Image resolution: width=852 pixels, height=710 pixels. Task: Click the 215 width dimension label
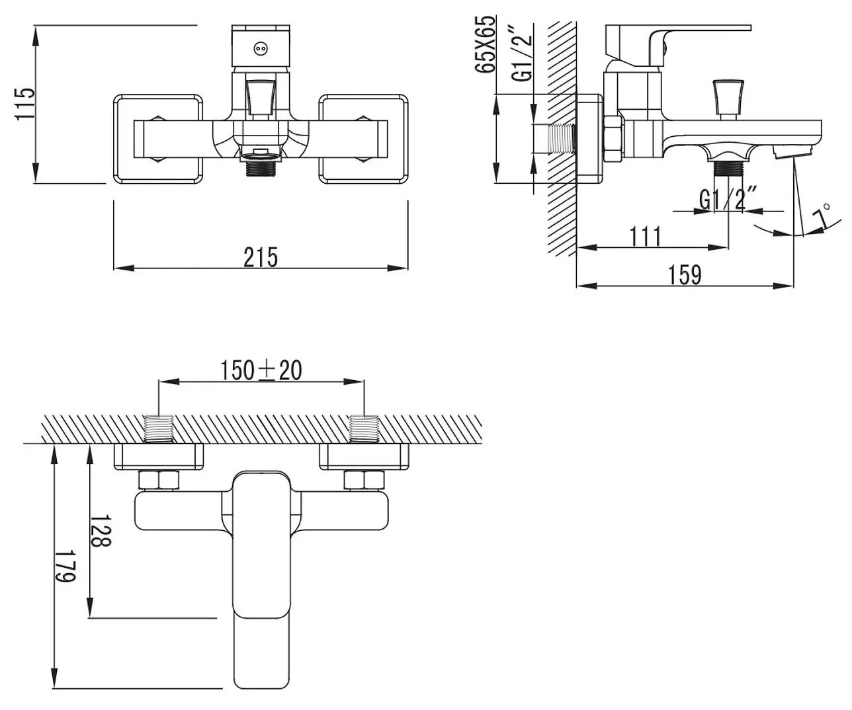(x=261, y=257)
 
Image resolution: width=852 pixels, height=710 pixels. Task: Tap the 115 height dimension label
(x=25, y=104)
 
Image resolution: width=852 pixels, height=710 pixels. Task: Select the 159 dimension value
(x=685, y=275)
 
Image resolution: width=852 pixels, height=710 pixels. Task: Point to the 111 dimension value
(x=646, y=236)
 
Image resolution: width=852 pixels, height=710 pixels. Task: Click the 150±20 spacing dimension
(x=261, y=370)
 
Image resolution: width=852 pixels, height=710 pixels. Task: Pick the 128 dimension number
(x=101, y=530)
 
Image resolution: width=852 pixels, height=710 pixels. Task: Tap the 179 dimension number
(x=65, y=566)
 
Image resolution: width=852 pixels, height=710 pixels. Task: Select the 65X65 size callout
(x=486, y=44)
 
